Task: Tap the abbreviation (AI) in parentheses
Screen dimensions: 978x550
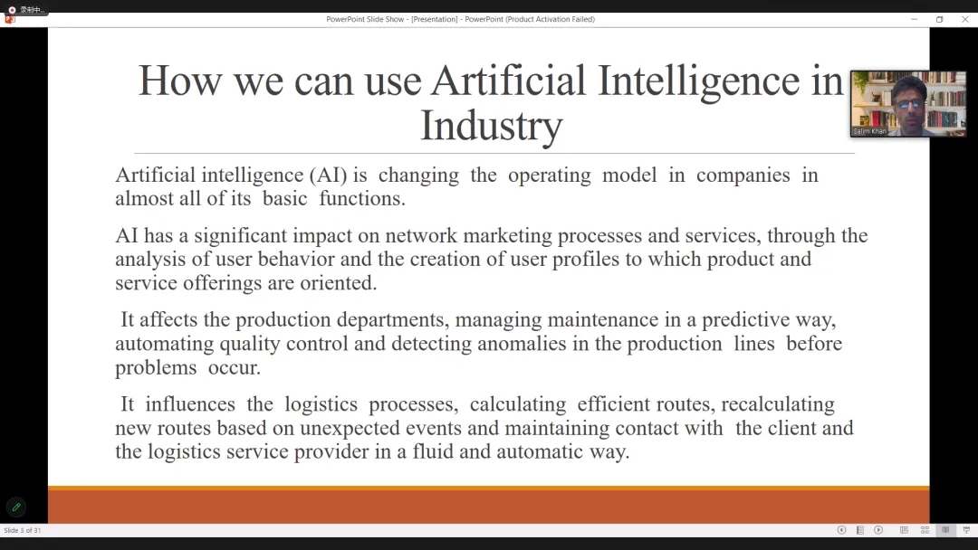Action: coord(328,175)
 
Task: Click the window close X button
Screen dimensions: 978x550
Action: coord(965,19)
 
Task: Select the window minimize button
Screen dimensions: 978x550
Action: coord(915,19)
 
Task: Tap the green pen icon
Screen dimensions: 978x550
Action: coord(16,507)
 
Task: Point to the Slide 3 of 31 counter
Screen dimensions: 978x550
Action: coord(23,531)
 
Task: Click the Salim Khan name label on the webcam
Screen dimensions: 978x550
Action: coord(869,131)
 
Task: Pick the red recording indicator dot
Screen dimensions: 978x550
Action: coord(12,10)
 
